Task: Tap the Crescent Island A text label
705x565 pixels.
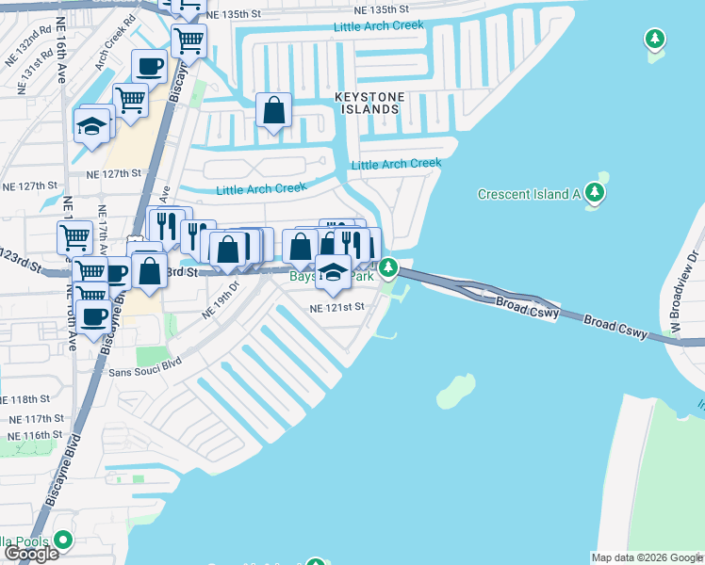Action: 528,195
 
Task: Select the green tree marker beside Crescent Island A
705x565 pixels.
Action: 594,193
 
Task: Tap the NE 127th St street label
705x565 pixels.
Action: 112,174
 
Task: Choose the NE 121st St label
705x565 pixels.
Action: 336,307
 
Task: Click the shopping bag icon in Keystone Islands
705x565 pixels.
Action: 273,111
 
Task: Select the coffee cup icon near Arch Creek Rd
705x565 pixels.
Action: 149,67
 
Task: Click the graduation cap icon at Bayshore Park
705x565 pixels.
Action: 333,272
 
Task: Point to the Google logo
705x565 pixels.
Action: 31,555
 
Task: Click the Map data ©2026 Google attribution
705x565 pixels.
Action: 646,557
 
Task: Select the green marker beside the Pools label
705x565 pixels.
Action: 63,541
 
